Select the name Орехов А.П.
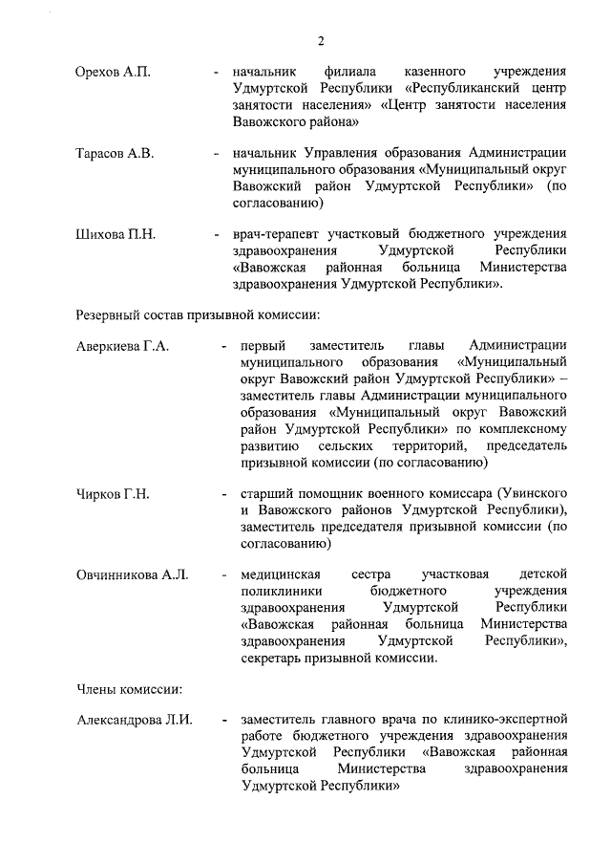(x=113, y=73)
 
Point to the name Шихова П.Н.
(x=115, y=233)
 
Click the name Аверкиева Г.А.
(x=122, y=346)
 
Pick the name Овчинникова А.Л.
(x=133, y=574)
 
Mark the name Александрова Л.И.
(x=135, y=719)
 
